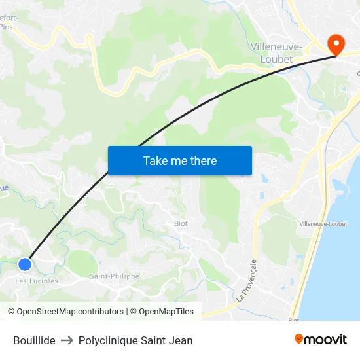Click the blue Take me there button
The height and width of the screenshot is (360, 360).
pos(179,160)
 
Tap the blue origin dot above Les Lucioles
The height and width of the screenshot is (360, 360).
pos(25,264)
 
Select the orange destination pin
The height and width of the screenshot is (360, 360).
pos(336,45)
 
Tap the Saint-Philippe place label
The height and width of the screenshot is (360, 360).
pos(115,276)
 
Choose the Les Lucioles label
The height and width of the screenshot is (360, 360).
pos(37,281)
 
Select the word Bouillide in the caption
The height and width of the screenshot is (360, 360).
pos(34,340)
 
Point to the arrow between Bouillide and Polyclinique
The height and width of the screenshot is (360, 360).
pos(67,340)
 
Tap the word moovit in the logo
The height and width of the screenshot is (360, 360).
pos(326,340)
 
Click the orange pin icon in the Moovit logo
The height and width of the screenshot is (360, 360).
pos(299,339)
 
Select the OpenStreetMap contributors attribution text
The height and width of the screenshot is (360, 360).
pos(70,312)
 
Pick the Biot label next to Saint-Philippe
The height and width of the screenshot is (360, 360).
pos(181,223)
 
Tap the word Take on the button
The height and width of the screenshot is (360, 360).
pos(155,160)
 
